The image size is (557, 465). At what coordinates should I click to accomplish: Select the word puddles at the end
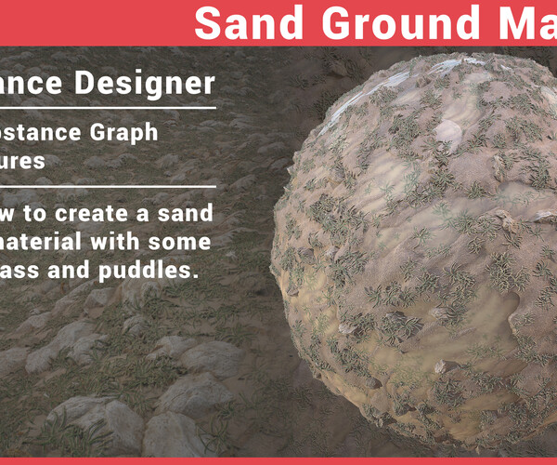click(x=158, y=272)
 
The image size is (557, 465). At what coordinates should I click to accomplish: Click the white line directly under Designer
click(x=107, y=107)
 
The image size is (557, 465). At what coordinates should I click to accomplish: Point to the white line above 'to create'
click(x=107, y=186)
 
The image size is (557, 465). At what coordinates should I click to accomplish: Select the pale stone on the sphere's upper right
click(x=447, y=131)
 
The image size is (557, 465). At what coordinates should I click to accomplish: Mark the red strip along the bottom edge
click(x=278, y=460)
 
